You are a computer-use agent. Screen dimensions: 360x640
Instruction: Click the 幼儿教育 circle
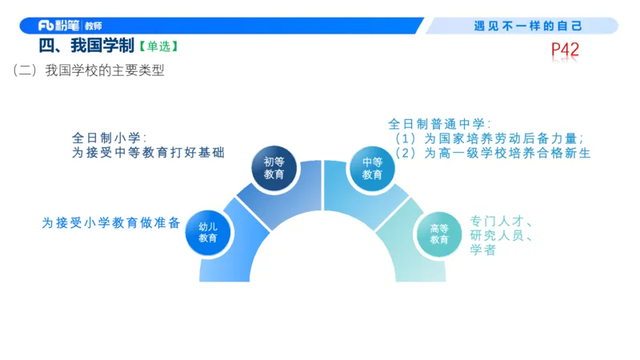click(x=208, y=232)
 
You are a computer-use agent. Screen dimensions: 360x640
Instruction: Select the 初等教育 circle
click(x=274, y=167)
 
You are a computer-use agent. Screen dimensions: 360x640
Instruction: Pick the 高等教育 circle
click(x=438, y=234)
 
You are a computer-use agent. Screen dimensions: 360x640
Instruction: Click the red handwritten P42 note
click(x=565, y=50)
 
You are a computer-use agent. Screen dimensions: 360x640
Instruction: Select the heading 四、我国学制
click(x=86, y=46)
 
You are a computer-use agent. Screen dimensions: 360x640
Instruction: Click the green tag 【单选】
click(x=157, y=47)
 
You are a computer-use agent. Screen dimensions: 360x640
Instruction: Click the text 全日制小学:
click(x=109, y=137)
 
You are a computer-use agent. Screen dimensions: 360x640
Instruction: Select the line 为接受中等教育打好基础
click(x=148, y=152)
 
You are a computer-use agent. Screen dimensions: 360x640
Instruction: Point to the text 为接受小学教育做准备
click(x=111, y=223)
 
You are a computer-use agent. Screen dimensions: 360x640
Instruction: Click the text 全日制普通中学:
click(x=439, y=123)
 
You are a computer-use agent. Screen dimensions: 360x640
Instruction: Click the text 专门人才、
click(x=502, y=221)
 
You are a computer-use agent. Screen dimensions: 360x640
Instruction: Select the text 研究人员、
click(x=502, y=236)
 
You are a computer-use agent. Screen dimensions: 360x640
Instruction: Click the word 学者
click(x=483, y=250)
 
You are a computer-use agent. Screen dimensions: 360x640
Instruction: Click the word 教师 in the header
click(x=93, y=26)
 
